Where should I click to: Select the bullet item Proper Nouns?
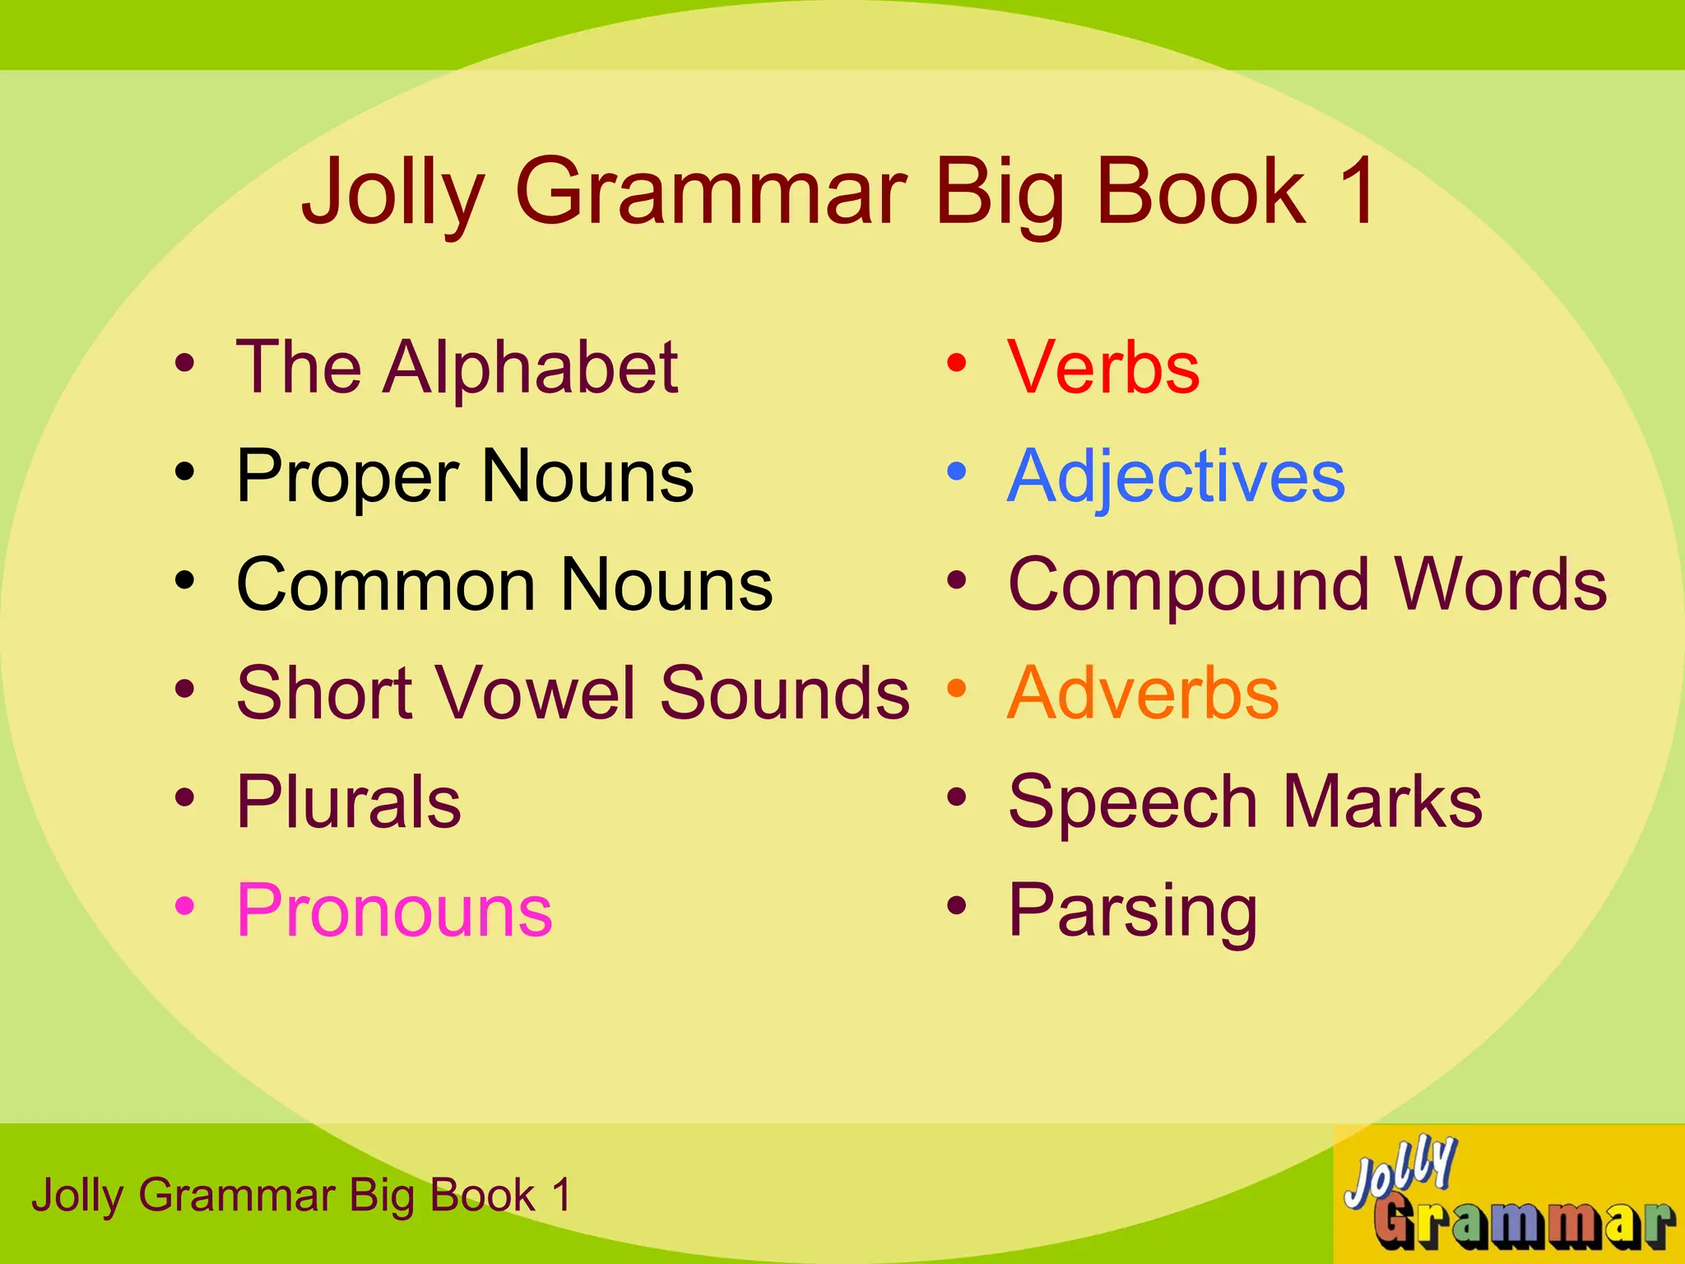click(x=465, y=477)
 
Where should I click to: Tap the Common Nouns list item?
click(x=504, y=585)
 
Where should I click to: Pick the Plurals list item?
click(x=349, y=802)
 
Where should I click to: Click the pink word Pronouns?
click(x=394, y=910)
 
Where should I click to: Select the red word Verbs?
click(x=1103, y=367)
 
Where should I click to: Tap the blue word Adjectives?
click(x=1177, y=477)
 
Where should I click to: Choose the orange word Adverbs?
click(x=1143, y=693)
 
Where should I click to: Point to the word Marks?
click(x=1382, y=802)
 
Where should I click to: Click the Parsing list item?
click(x=1133, y=912)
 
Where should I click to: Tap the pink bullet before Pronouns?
click(x=185, y=906)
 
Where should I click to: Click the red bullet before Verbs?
click(x=956, y=363)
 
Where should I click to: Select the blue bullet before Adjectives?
click(x=956, y=472)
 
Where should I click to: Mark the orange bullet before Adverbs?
click(x=956, y=689)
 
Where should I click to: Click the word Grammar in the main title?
click(x=711, y=193)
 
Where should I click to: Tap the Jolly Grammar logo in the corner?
click(x=1507, y=1193)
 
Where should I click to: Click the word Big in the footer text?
click(x=381, y=1197)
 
